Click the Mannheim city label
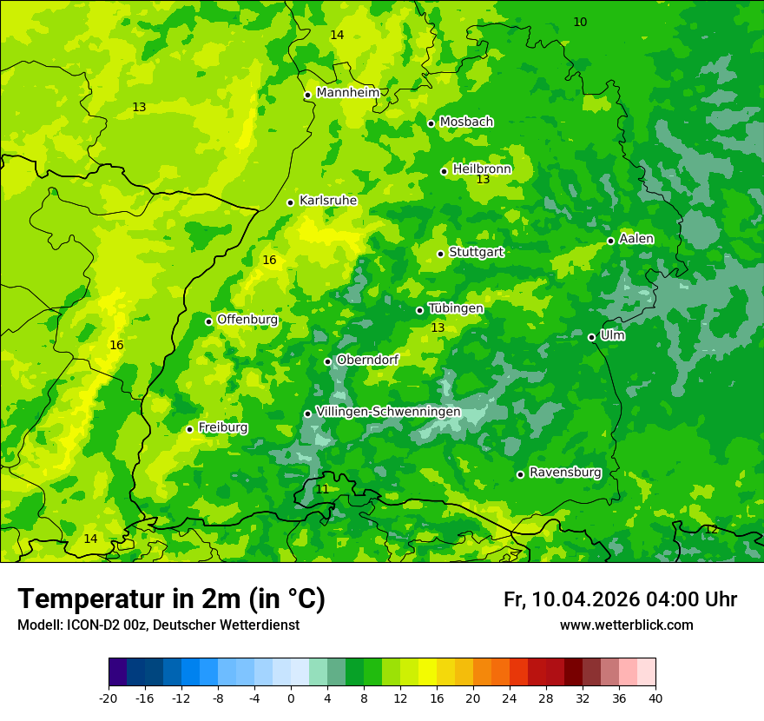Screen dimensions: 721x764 pos(347,93)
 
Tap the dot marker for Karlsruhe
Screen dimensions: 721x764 pos(290,202)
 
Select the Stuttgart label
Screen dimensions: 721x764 pos(476,252)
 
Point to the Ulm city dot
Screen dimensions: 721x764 pos(591,337)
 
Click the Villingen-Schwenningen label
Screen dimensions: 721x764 pos(388,412)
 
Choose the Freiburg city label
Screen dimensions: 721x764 pos(222,427)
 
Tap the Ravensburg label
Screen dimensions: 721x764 pos(564,473)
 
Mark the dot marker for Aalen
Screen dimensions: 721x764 pos(610,241)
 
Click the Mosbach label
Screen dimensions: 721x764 pos(465,122)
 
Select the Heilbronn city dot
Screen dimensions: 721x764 pos(444,171)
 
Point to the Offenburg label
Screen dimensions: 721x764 pos(247,320)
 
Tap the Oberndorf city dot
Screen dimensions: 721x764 pos(327,361)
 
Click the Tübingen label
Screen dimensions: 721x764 pos(455,308)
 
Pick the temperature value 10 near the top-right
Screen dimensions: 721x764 pos(580,22)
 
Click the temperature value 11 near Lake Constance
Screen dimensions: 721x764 pos(322,489)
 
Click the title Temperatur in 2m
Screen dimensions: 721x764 pos(171,599)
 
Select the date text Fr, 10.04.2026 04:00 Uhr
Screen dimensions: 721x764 pos(620,599)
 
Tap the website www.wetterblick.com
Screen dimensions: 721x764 pos(626,625)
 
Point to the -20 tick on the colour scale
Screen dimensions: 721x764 pos(109,698)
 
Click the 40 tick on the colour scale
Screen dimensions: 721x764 pos(655,698)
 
